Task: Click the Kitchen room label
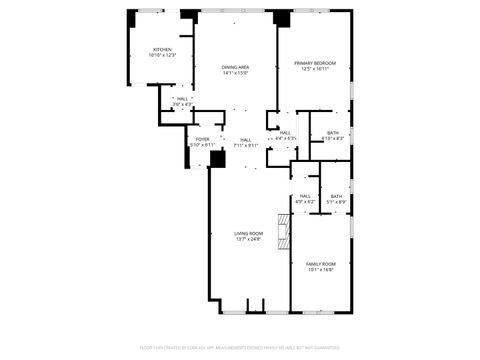162,49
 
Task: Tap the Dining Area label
236,67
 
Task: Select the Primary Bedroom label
315,63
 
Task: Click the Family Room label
320,263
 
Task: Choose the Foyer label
202,139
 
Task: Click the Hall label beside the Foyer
246,139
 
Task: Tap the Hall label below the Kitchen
183,99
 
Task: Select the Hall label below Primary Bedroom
285,132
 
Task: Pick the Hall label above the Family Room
305,196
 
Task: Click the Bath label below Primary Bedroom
332,132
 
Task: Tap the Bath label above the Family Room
336,196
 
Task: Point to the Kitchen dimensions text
162,55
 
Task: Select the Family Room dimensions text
320,270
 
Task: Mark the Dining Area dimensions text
236,73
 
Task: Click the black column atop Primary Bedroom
283,18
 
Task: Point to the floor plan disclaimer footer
240,347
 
